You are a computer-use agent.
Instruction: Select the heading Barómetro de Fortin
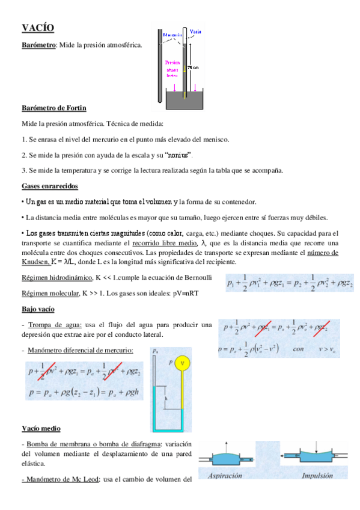tap(53, 108)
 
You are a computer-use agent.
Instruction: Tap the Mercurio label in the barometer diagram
tap(172, 36)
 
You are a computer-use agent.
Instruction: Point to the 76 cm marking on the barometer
tap(192, 68)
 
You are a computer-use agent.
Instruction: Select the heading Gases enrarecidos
tap(49, 186)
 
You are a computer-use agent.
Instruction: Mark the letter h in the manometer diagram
tap(166, 397)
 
